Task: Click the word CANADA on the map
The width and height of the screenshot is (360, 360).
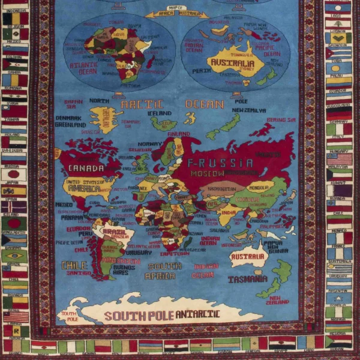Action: coord(86,169)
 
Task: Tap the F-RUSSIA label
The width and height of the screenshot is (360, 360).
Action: coord(220,163)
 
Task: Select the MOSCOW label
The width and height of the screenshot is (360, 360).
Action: coord(208,173)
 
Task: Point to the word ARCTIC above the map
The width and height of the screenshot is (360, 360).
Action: coord(142,104)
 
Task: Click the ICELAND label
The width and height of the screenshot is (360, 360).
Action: coord(159,113)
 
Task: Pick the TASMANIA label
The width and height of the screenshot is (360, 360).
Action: coord(247,279)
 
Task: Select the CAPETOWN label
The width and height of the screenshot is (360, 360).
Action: coord(175,254)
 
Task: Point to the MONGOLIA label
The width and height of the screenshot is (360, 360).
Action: coord(260,187)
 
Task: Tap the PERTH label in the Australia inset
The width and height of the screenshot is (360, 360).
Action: coord(201,71)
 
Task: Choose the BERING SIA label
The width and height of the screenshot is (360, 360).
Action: coord(281,120)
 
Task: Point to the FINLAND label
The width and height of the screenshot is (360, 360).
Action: coord(179,134)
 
